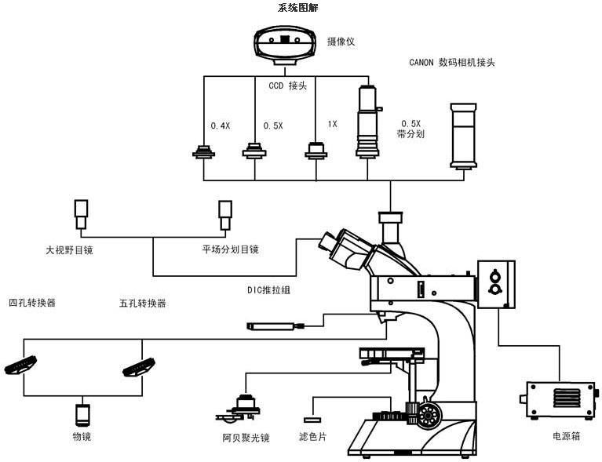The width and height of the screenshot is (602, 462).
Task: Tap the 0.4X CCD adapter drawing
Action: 205,151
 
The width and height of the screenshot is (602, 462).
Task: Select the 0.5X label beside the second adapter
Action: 273,126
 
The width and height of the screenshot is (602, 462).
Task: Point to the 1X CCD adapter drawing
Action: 316,150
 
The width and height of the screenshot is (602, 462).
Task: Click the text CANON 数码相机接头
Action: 452,62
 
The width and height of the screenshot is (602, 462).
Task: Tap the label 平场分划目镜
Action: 230,249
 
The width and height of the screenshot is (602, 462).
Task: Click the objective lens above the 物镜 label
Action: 82,413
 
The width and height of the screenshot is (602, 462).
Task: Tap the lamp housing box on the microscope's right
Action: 497,283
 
